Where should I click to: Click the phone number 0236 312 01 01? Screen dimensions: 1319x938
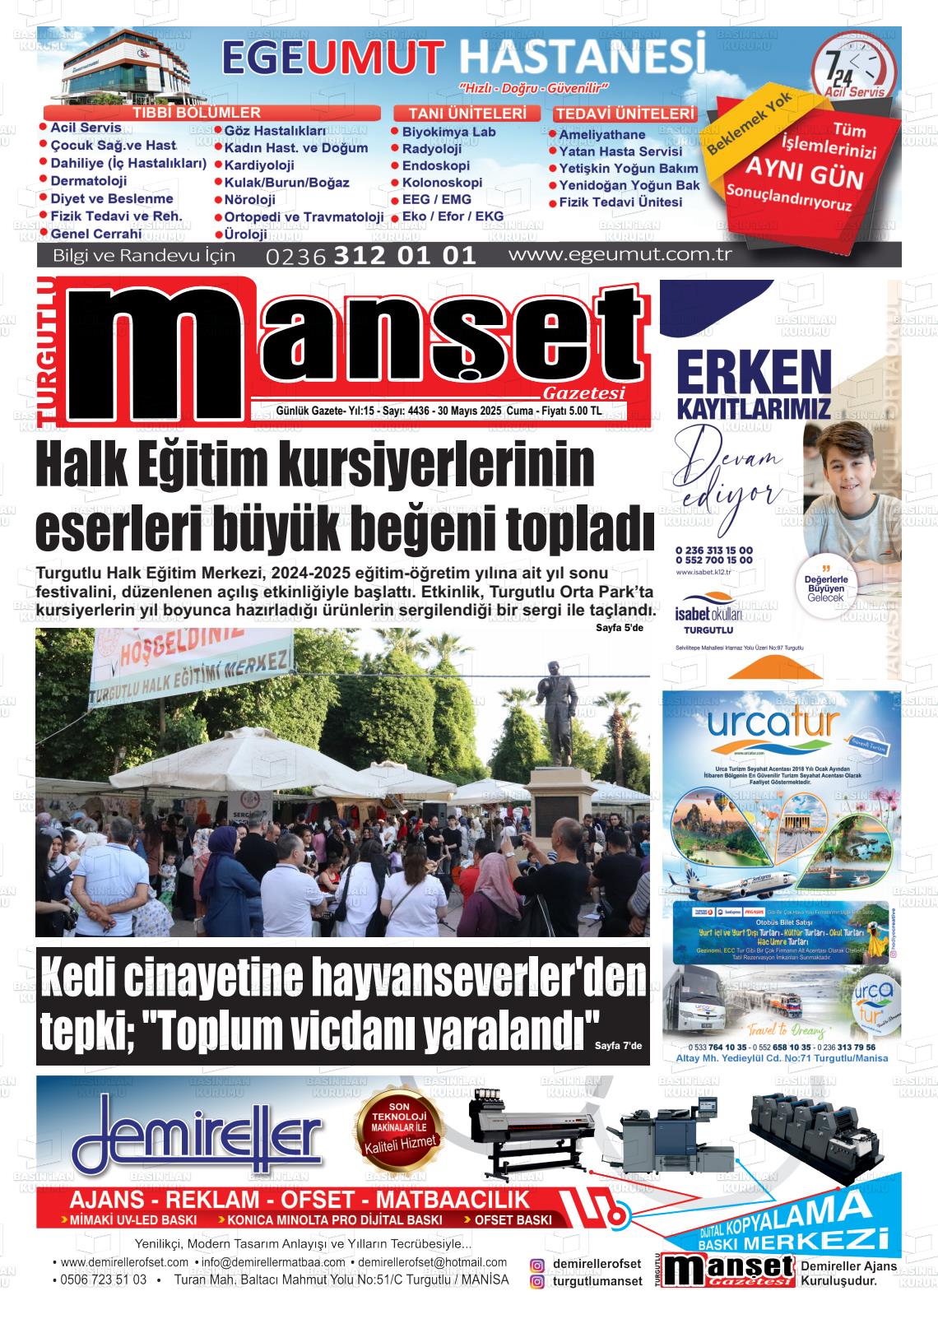point(371,255)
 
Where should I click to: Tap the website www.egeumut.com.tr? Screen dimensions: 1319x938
point(620,254)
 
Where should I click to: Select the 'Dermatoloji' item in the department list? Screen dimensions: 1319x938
point(88,181)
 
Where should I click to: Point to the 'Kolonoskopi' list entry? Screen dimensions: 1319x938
point(442,183)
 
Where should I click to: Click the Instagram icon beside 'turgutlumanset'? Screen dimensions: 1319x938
point(537,1282)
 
